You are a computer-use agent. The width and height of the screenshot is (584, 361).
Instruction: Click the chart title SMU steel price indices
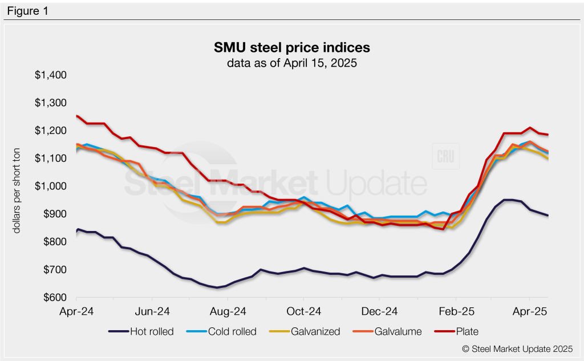[291, 47]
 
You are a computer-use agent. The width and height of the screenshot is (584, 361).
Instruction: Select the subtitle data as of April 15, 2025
[291, 63]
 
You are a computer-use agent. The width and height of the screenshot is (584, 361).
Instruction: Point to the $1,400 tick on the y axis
[52, 75]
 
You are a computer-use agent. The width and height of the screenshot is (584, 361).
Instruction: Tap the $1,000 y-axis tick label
[52, 186]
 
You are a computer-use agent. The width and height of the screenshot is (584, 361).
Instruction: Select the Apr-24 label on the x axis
[76, 312]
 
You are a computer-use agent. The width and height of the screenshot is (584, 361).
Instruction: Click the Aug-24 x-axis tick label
[228, 312]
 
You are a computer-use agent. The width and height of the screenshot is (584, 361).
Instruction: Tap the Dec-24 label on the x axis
[379, 312]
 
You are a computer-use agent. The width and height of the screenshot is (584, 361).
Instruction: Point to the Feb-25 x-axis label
[455, 312]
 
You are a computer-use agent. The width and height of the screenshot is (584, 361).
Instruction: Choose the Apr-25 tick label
[530, 312]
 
